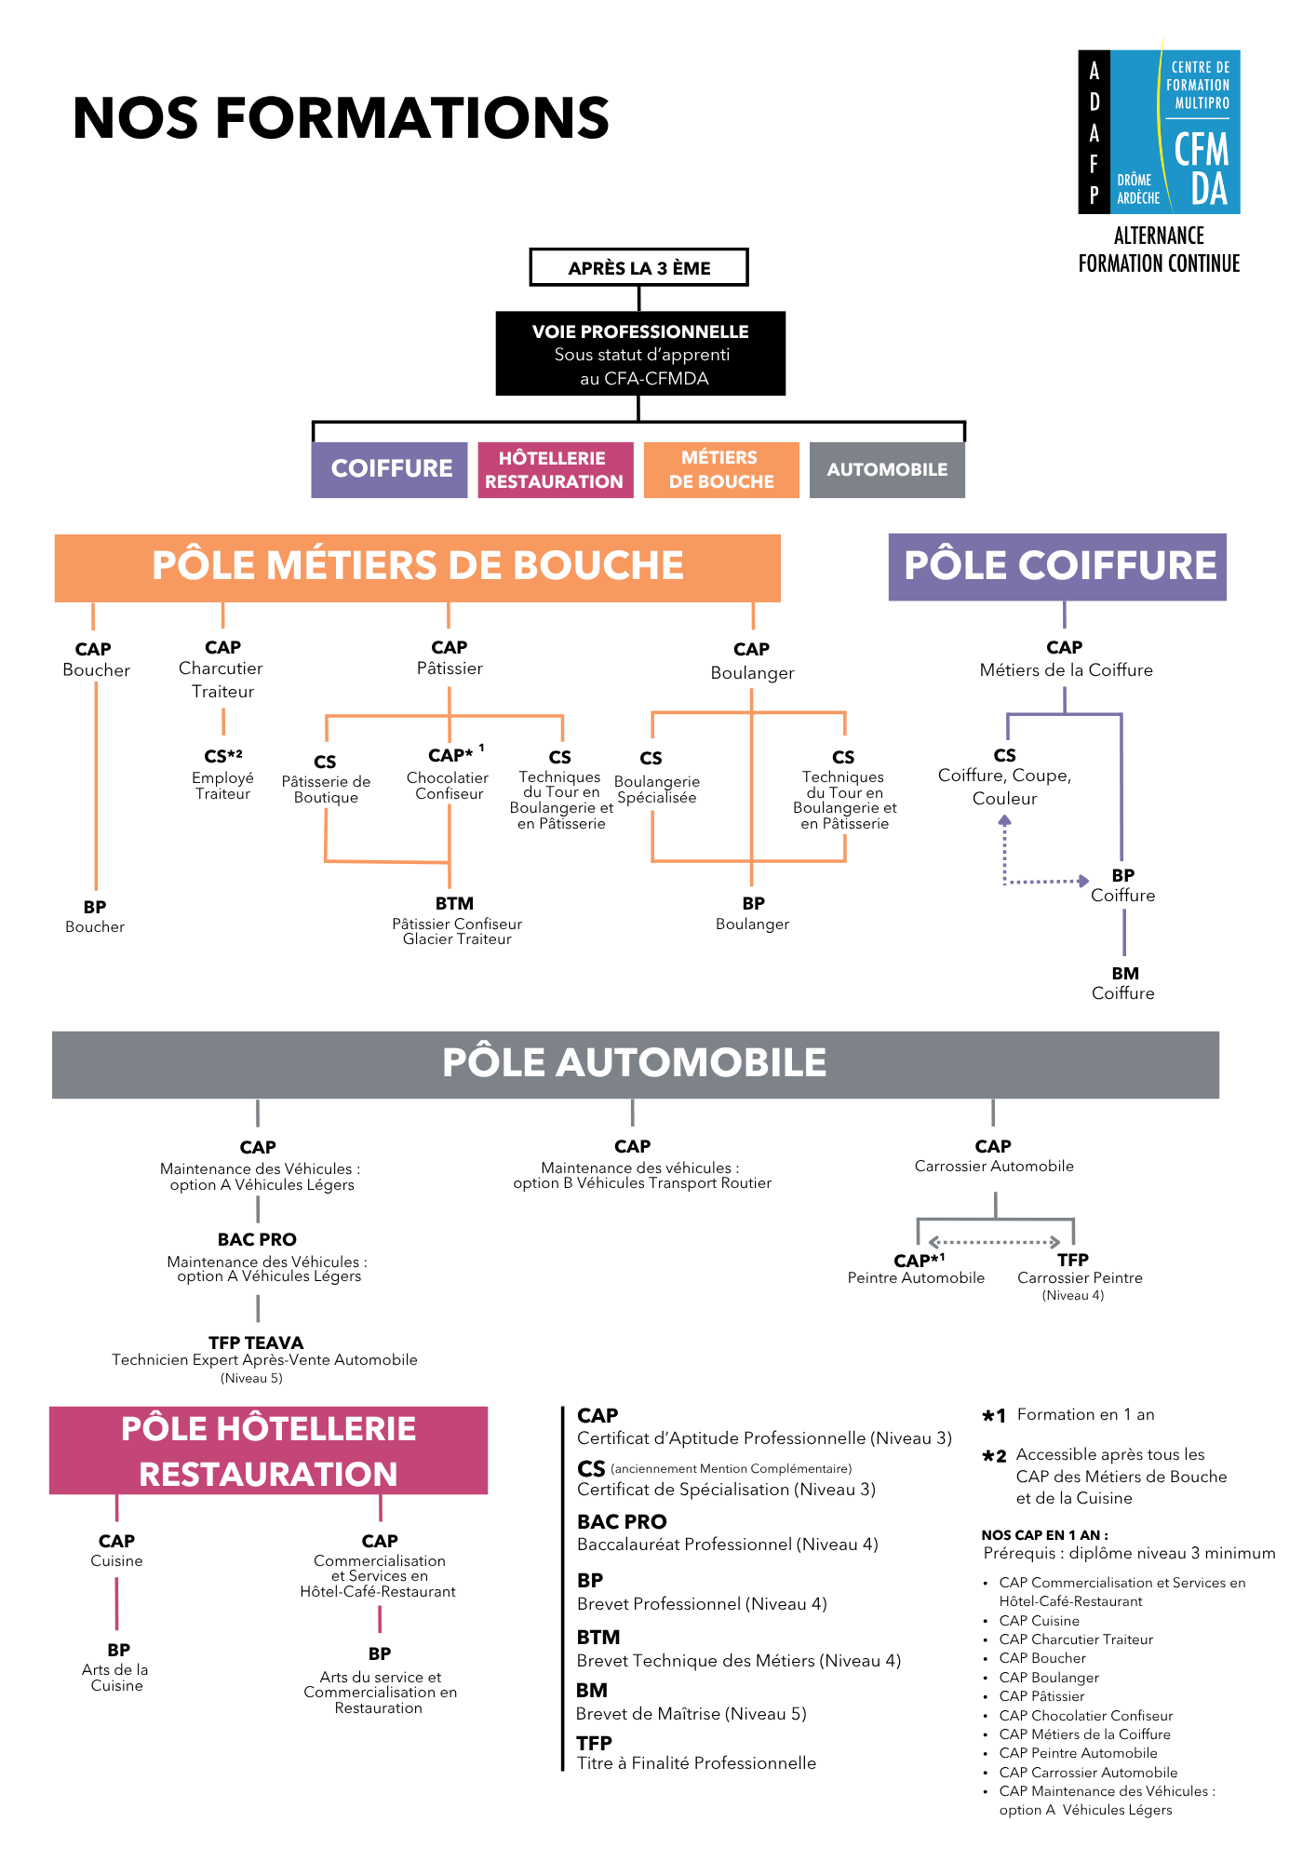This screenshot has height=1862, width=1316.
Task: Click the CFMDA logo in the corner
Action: tap(1159, 132)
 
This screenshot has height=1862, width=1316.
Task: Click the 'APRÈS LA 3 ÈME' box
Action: tap(638, 268)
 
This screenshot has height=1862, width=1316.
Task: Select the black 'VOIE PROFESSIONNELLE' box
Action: tap(640, 354)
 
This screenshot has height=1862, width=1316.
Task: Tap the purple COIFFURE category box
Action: tap(389, 469)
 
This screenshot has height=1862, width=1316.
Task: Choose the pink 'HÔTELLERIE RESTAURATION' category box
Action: tap(555, 469)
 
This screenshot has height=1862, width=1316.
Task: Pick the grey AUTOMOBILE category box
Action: tap(886, 469)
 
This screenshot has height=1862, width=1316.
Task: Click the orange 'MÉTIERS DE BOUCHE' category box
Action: tap(721, 469)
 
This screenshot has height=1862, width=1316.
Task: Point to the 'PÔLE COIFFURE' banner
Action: tap(1057, 566)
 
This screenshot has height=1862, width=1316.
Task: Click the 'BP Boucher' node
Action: tap(95, 916)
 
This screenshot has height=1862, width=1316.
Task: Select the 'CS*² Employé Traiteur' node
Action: tap(223, 774)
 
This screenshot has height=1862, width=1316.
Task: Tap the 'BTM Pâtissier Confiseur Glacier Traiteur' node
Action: tap(456, 921)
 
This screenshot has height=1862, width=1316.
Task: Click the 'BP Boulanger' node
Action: tap(753, 913)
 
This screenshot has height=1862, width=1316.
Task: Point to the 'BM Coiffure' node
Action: tap(1123, 983)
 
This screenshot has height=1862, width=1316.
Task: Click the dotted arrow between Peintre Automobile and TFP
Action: tap(995, 1242)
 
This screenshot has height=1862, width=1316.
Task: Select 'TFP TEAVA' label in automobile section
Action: tap(256, 1343)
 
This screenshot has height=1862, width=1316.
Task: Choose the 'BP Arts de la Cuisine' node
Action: tap(117, 1666)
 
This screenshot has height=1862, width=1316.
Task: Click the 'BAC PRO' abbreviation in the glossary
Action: tap(622, 1522)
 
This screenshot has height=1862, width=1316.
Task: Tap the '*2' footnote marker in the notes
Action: tap(994, 1457)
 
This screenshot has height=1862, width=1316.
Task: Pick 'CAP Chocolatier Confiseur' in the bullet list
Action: tap(1085, 1716)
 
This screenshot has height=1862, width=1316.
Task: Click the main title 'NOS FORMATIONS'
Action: tap(341, 118)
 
